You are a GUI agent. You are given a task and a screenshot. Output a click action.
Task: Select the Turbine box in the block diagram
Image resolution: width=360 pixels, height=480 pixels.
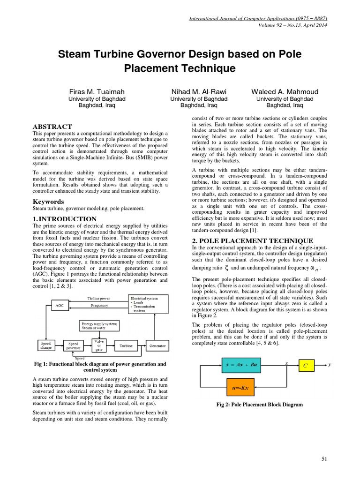[126, 346]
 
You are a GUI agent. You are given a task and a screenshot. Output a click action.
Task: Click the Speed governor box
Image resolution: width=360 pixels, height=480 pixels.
[74, 346]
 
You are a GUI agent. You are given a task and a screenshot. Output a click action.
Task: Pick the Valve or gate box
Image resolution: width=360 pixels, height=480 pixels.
[99, 345]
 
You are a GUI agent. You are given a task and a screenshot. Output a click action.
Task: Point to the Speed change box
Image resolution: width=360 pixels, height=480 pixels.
[45, 346]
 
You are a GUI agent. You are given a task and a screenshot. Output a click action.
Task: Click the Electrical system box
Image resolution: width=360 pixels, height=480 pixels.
[147, 303]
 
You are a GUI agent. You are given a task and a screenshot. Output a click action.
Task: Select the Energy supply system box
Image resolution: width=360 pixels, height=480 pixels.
[99, 326]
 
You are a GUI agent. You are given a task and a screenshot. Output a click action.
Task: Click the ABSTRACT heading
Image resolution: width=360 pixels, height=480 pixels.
[52, 127]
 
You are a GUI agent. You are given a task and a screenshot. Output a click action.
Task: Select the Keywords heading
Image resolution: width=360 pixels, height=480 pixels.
[48, 202]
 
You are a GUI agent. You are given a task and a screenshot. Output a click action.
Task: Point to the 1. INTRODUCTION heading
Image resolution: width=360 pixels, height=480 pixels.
[64, 219]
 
